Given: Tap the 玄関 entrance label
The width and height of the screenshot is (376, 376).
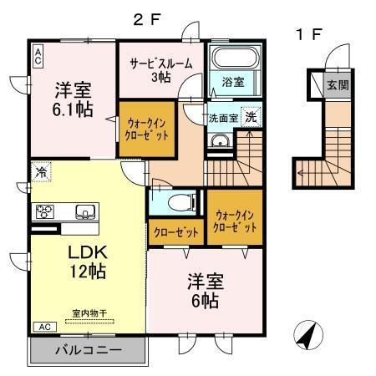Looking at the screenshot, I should (x=338, y=85).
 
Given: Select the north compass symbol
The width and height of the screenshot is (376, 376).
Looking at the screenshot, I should (x=307, y=337).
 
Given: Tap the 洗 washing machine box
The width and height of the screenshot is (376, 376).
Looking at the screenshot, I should (x=251, y=118).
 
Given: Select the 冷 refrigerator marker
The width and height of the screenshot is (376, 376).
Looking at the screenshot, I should (x=41, y=172).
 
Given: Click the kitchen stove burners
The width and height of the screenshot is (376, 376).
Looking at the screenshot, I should (x=44, y=211).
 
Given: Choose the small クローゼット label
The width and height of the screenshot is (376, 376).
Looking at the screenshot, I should (x=174, y=231).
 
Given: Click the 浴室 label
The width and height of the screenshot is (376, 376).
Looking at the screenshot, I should (x=233, y=82).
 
